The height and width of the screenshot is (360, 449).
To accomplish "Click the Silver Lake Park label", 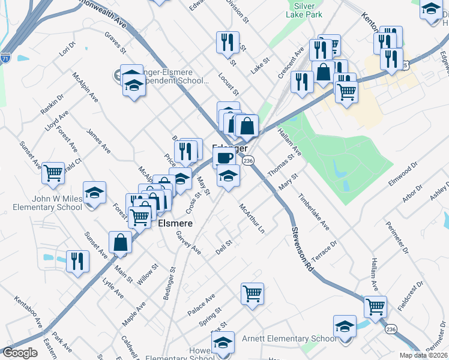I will pos(306,10).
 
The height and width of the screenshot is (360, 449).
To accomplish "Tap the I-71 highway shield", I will pos(5,58).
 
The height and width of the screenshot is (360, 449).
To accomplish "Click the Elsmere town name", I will pos(175,223).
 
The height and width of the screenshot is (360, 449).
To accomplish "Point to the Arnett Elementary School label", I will pos(289,339).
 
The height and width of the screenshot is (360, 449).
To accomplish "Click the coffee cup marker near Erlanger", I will pos(224,158).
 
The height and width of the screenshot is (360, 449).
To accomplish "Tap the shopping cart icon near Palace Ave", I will pos(253,294).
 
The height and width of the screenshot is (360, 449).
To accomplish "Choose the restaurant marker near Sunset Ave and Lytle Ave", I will pos(77,261).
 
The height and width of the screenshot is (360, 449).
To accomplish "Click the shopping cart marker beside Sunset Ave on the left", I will pos(53,173).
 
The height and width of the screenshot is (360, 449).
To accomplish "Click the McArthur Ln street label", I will pos(252,218).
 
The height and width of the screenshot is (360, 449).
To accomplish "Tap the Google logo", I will pos(20,353).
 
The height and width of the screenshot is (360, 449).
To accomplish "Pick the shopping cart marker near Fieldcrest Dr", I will pos(376,306).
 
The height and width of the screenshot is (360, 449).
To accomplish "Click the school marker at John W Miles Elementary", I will pos(94,193).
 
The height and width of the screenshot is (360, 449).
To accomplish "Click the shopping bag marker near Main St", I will pos(121,242).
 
